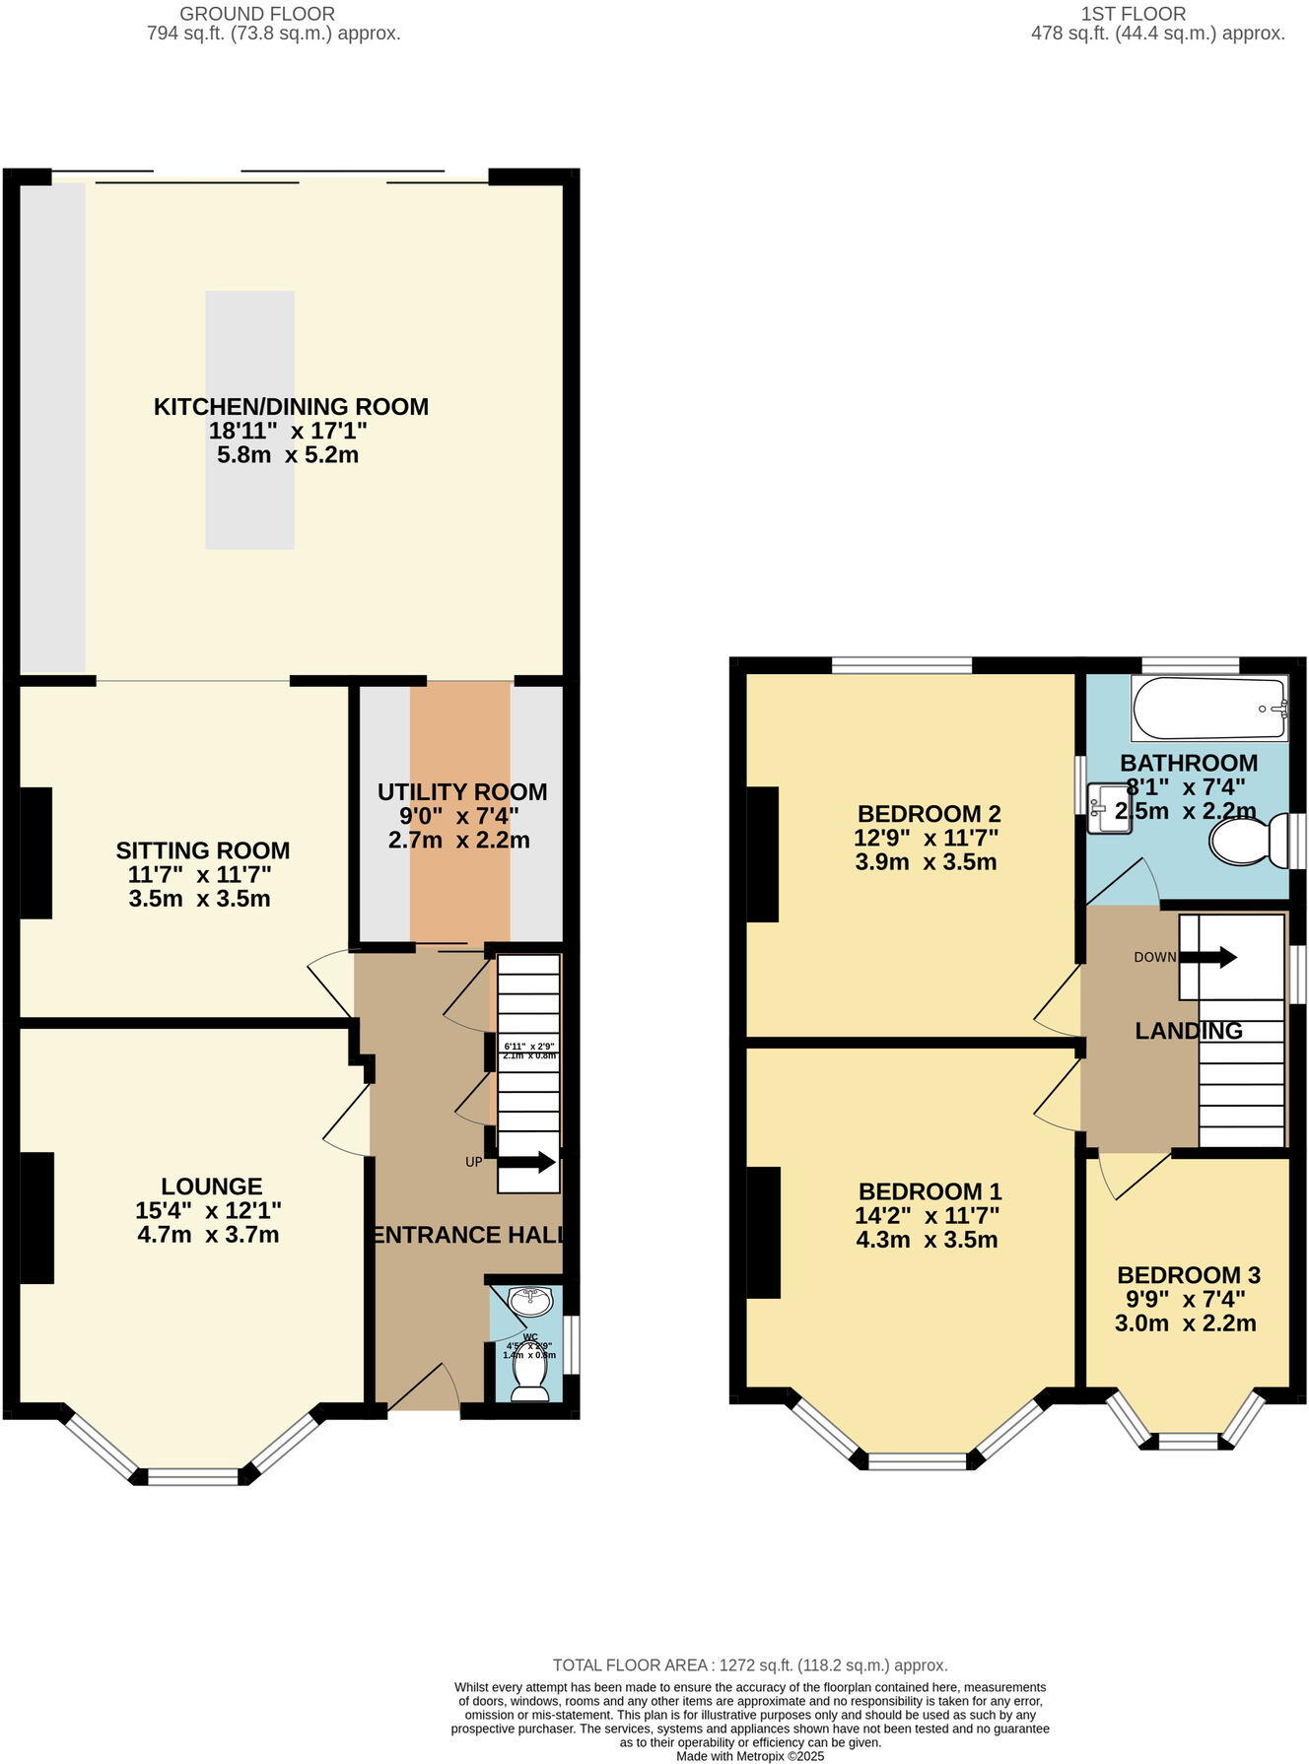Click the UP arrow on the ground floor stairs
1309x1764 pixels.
526,1163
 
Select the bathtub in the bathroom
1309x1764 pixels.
1209,709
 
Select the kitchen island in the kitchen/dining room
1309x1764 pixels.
249,420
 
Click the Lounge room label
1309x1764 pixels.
212,1187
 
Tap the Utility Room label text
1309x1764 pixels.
462,792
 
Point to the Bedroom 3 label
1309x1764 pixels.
1189,1275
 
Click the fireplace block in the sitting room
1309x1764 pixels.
36,853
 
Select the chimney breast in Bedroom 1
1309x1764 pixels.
764,1232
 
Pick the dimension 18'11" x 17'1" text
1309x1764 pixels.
288,431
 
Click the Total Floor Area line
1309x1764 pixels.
750,1665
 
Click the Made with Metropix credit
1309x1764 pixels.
750,1755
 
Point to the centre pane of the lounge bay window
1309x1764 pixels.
192,1475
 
